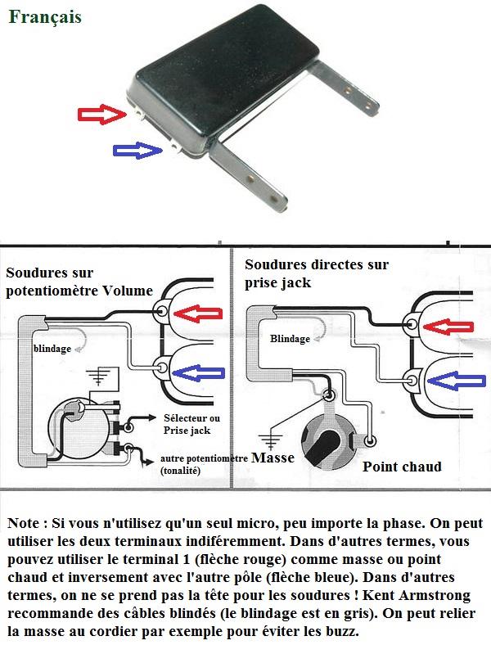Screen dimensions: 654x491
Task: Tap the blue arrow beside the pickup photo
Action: (x=137, y=150)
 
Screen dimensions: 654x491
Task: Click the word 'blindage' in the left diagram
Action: (x=52, y=348)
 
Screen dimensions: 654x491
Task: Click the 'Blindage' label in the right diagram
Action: (x=290, y=338)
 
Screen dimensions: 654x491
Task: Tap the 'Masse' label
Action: (x=273, y=458)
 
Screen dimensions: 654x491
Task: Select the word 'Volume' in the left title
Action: (x=126, y=290)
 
